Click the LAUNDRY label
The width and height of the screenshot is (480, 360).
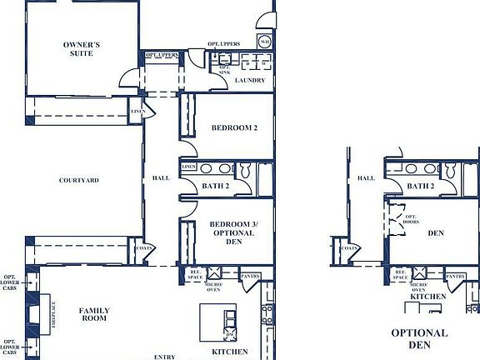(x=250, y=81)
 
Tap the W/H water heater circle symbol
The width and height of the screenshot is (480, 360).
(x=264, y=41)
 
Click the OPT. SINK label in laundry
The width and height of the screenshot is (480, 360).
(x=223, y=70)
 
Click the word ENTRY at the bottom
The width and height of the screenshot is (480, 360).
(x=164, y=357)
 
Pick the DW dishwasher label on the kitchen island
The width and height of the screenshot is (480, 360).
(x=231, y=335)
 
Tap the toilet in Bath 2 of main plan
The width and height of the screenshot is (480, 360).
(x=246, y=170)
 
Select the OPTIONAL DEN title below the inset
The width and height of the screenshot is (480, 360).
(x=419, y=338)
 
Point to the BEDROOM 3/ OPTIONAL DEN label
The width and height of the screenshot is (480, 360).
(x=231, y=232)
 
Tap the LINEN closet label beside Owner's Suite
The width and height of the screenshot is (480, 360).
(x=137, y=112)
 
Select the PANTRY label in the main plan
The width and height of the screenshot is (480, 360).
(x=250, y=277)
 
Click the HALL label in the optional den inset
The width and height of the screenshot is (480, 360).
(x=366, y=178)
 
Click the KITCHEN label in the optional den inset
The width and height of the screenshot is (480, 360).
(x=427, y=297)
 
